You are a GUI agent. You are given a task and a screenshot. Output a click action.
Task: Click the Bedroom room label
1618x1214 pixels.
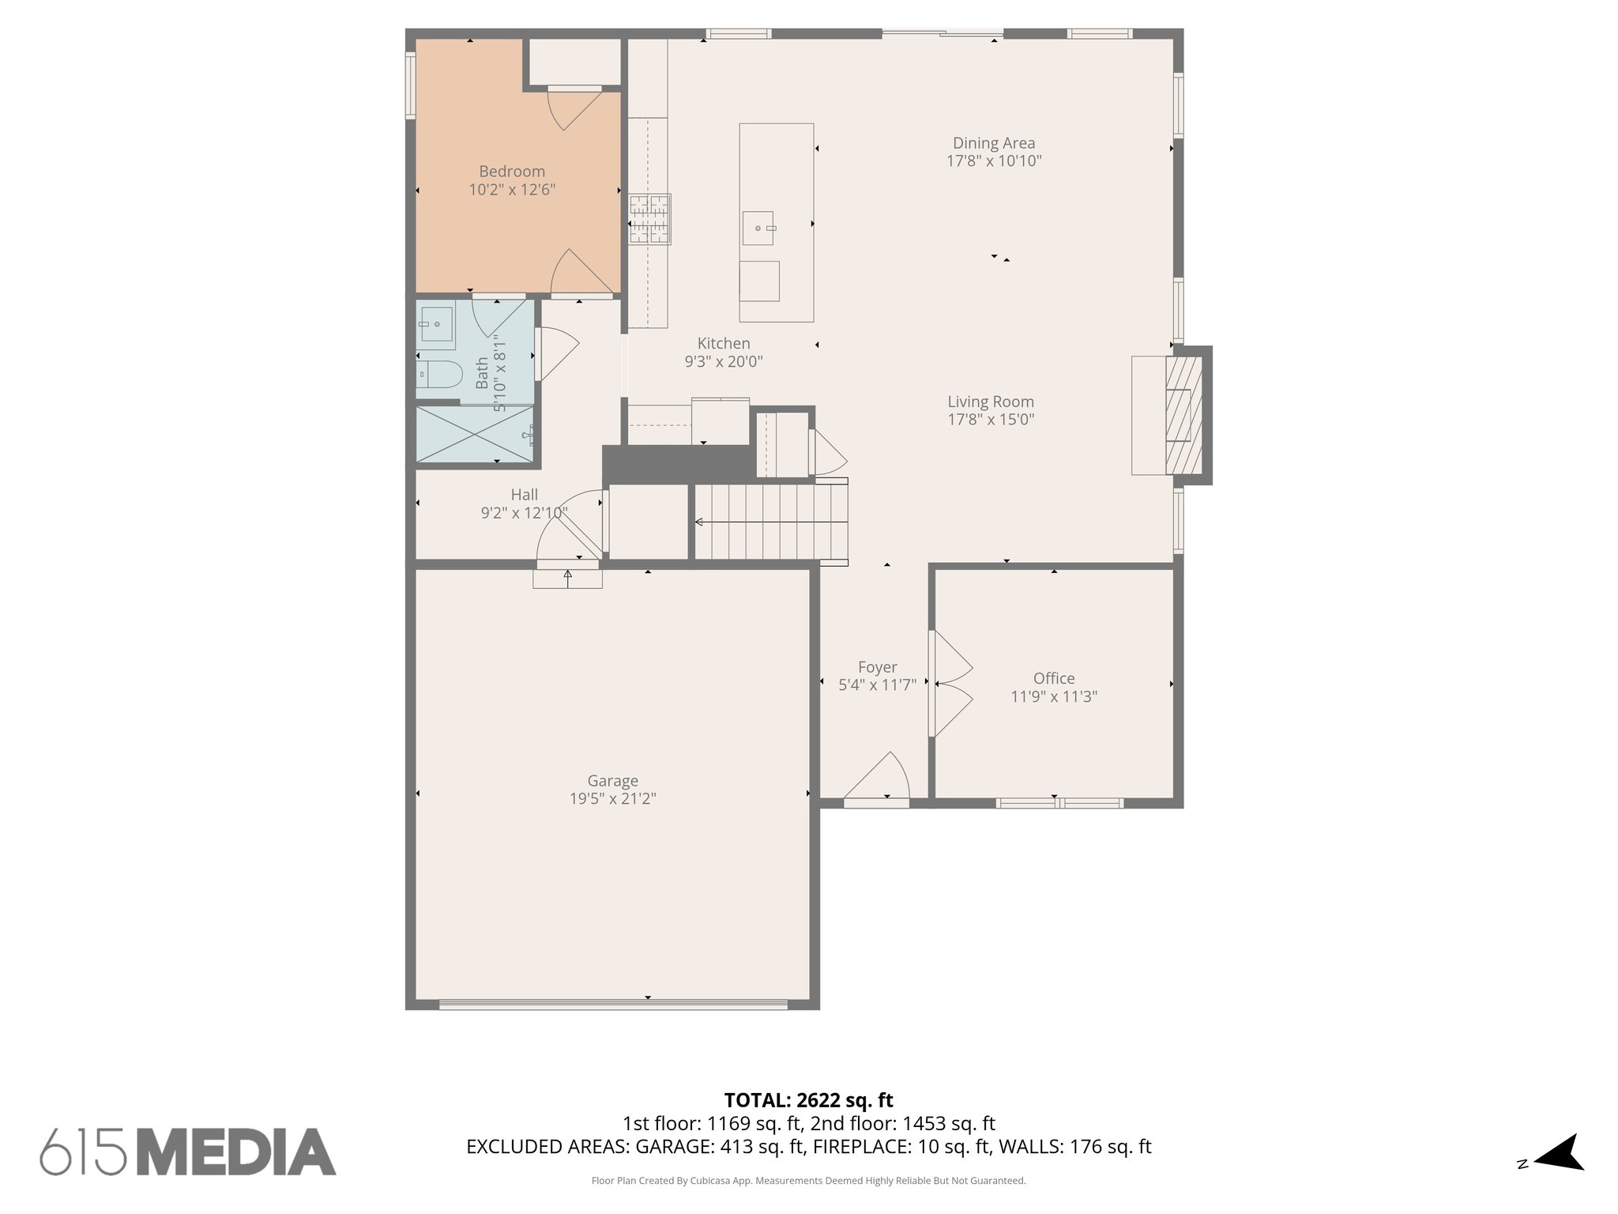click(x=512, y=172)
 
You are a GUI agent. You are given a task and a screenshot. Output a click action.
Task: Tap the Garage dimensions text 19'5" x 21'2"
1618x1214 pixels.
click(x=612, y=799)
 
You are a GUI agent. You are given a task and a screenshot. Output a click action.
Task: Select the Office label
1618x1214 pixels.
click(x=1054, y=678)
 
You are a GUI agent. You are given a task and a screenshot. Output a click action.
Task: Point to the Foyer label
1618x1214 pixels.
click(x=877, y=667)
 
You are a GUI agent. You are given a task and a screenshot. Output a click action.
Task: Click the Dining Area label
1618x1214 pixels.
click(x=994, y=143)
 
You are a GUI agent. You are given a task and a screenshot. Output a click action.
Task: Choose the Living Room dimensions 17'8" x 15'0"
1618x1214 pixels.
click(x=991, y=420)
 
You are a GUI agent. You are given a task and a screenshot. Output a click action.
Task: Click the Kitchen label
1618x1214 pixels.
click(x=724, y=343)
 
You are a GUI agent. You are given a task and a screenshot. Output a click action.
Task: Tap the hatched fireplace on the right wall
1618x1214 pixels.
click(x=1183, y=415)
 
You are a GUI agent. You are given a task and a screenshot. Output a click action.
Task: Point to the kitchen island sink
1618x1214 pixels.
click(x=758, y=228)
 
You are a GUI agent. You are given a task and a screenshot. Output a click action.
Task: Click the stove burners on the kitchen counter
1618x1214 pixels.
click(x=649, y=220)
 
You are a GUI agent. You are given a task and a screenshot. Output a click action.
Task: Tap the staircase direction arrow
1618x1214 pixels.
click(x=700, y=522)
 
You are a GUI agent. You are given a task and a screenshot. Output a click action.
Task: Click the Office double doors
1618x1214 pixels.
click(x=950, y=684)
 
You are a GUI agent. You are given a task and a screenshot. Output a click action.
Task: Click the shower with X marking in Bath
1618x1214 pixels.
click(x=474, y=434)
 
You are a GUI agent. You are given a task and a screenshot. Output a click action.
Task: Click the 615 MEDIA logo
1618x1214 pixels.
click(x=188, y=1152)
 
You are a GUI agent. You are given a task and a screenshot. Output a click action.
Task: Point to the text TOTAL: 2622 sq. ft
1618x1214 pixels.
click(x=808, y=1100)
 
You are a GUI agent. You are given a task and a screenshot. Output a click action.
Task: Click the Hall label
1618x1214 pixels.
click(x=524, y=495)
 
